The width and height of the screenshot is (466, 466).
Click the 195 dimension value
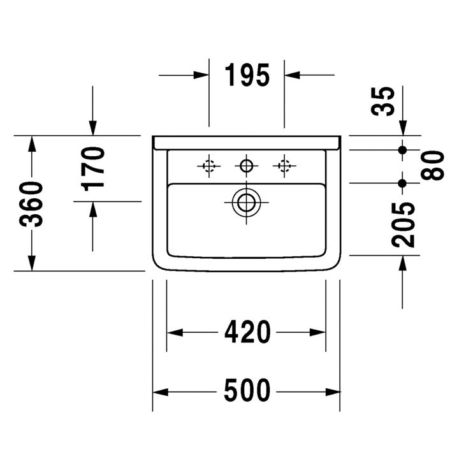tap(247, 75)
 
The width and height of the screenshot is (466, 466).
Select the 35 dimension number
tap(384, 100)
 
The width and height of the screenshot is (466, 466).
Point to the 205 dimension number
tap(404, 224)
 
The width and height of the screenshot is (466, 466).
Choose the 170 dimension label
tap(94, 168)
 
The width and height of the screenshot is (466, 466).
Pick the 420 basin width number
tap(247, 332)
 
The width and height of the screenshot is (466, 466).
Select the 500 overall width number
tap(247, 390)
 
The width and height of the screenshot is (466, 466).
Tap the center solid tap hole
tap(246, 166)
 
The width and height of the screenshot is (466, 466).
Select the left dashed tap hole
tap(208, 166)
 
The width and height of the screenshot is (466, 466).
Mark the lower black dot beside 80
tap(402, 184)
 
